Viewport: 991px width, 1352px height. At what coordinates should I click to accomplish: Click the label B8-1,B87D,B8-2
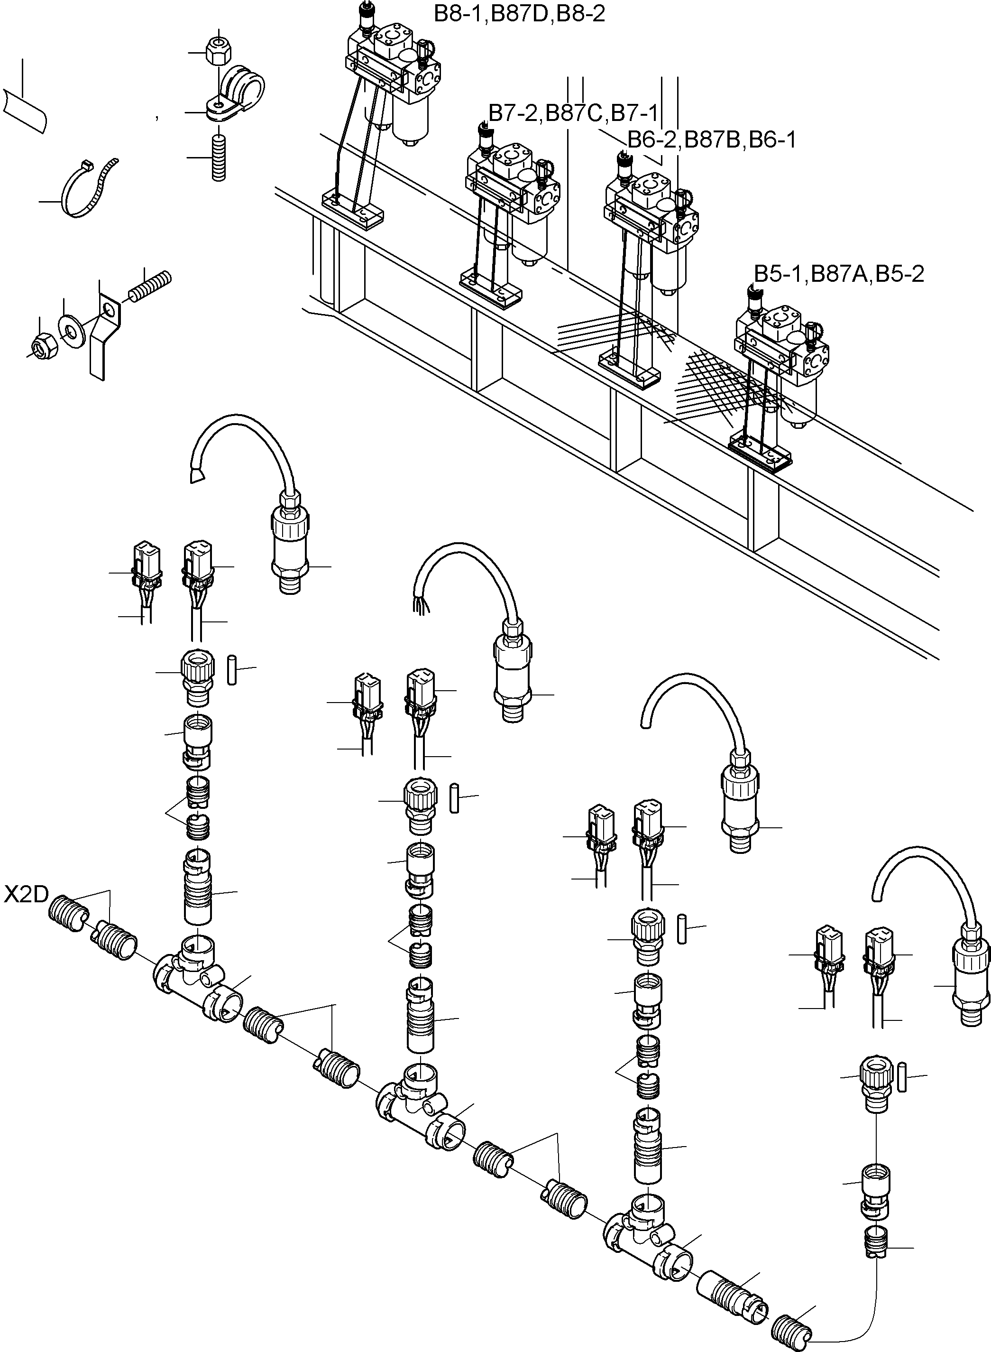coord(520,13)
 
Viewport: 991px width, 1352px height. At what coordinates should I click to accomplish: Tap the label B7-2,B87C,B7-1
coord(573,112)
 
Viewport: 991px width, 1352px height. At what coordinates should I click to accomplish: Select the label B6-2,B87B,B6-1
coord(711,140)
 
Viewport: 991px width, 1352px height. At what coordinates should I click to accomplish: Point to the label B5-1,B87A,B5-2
coord(839,274)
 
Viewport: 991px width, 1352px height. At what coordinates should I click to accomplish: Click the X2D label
coord(27,895)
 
